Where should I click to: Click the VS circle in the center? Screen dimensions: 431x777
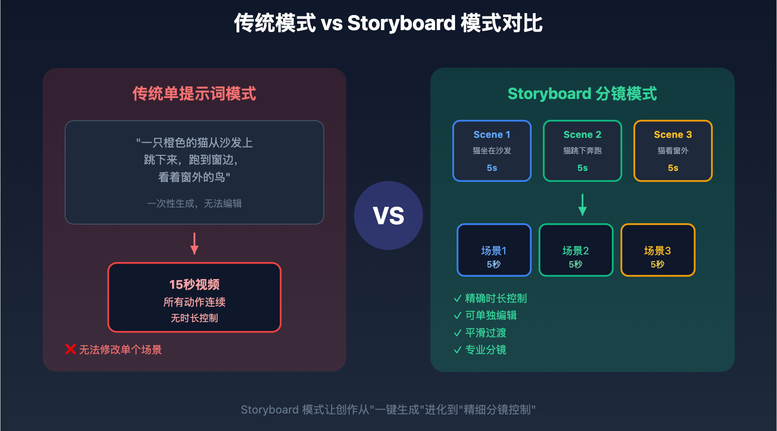[388, 215]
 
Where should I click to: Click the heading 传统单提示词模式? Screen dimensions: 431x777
[194, 94]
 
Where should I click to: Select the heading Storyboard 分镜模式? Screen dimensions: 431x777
[582, 94]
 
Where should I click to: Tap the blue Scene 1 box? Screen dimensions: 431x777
[492, 150]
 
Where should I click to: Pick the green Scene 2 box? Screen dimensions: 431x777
[582, 150]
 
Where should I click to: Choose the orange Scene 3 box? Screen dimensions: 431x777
[673, 150]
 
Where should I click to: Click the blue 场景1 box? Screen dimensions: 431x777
[494, 250]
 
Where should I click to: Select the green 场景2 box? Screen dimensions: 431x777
[575, 250]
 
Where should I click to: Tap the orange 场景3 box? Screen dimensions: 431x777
[658, 250]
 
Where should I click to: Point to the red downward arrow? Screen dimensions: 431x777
[194, 244]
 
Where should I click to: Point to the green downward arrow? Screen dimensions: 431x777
[582, 204]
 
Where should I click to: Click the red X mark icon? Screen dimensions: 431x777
[70, 349]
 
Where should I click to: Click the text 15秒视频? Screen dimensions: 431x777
[194, 284]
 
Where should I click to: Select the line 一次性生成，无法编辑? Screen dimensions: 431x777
[194, 203]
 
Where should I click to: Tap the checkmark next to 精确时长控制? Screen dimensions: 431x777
[457, 298]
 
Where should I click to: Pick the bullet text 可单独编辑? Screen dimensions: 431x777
[490, 315]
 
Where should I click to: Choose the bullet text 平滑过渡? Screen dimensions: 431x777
[486, 333]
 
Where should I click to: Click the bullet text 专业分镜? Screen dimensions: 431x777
[486, 350]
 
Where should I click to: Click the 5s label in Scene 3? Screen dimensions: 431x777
[673, 168]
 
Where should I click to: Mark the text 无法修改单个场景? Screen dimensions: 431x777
[120, 349]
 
